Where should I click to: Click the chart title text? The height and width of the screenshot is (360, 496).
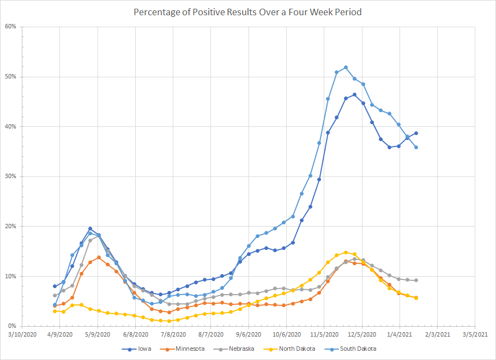pyautogui.click(x=247, y=11)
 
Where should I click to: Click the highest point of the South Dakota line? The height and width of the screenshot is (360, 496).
pyautogui.click(x=346, y=68)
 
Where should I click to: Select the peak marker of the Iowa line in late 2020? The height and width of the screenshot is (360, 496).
pyautogui.click(x=354, y=94)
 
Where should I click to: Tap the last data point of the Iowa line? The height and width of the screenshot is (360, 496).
pyautogui.click(x=416, y=133)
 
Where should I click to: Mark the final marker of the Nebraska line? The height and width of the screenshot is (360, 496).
pyautogui.click(x=416, y=280)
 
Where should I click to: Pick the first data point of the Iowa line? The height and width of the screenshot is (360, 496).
pyautogui.click(x=55, y=286)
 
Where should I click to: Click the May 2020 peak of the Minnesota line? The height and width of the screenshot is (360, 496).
pyautogui.click(x=99, y=257)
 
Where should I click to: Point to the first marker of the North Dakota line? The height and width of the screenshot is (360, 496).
pyautogui.click(x=55, y=311)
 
